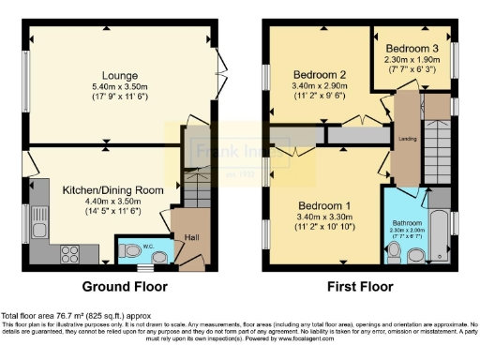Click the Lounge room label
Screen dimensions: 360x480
pyautogui.click(x=122, y=75)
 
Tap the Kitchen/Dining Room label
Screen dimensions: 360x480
pyautogui.click(x=112, y=190)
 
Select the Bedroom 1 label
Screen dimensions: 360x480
pyautogui.click(x=325, y=206)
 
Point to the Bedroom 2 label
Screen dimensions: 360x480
pyautogui.click(x=320, y=75)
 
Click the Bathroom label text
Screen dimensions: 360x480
pyautogui.click(x=407, y=222)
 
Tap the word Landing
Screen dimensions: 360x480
pyautogui.click(x=408, y=139)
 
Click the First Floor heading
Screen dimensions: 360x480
pyautogui.click(x=361, y=286)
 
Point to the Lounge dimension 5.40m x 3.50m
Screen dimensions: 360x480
pyautogui.click(x=122, y=86)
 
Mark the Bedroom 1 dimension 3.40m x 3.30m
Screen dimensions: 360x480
pyautogui.click(x=325, y=217)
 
